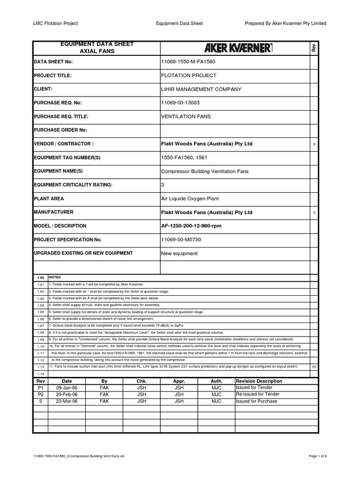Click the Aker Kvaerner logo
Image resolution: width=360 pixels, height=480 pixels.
(238, 48)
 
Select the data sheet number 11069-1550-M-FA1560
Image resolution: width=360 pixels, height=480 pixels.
(188, 62)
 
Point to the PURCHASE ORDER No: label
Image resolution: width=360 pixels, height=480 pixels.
(60, 130)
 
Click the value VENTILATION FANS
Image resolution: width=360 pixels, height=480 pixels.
(186, 116)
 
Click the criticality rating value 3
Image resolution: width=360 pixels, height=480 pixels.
(163, 185)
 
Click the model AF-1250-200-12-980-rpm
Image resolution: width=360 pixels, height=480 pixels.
(191, 226)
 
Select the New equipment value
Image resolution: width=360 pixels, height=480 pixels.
(179, 254)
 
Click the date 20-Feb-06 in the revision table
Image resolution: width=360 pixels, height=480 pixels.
(67, 395)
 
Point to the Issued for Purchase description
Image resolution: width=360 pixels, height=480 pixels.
(256, 401)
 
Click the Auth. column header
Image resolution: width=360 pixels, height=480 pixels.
(216, 381)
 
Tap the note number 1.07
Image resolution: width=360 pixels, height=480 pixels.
(40, 325)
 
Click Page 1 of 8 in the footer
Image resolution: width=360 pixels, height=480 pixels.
(317, 456)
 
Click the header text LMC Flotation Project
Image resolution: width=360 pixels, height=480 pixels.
(55, 23)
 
